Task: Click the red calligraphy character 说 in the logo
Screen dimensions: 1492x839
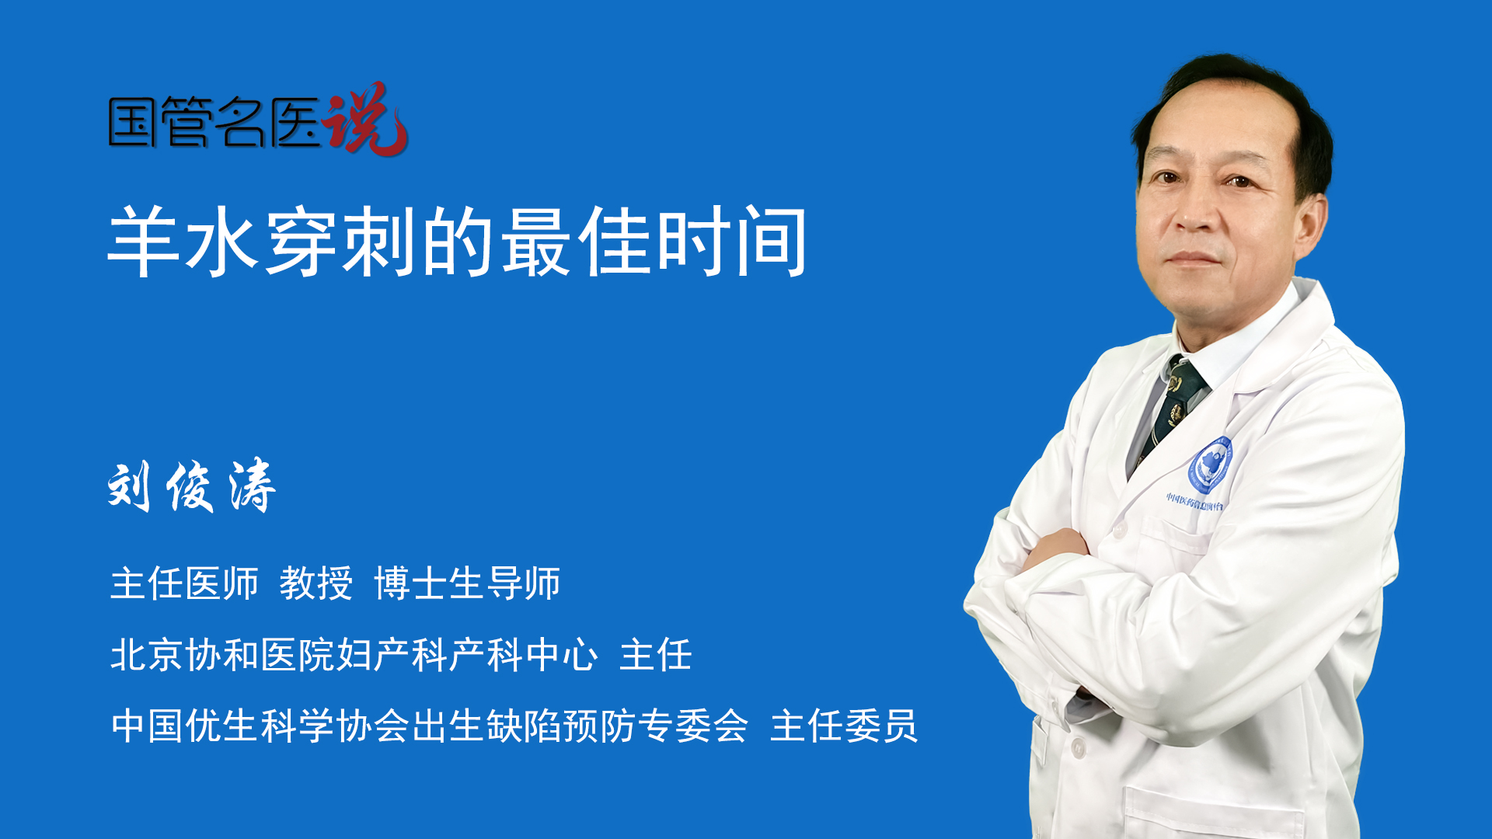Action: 365,118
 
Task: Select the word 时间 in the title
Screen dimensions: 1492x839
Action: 732,242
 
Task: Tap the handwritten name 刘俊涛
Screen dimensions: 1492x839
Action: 192,486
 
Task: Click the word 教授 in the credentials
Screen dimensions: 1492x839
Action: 316,583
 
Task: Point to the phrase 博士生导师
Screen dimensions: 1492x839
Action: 467,583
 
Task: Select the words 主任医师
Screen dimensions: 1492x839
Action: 184,583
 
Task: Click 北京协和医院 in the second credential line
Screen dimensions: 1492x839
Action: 222,655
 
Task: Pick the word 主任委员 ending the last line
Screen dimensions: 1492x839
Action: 844,726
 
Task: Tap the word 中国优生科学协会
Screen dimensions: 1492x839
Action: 260,726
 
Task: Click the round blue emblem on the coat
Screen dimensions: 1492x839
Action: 1210,465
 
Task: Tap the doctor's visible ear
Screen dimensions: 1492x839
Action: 1311,225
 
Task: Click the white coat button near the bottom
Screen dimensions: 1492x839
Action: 1078,748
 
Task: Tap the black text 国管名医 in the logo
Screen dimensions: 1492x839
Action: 214,122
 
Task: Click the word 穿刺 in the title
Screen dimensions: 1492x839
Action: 341,242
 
